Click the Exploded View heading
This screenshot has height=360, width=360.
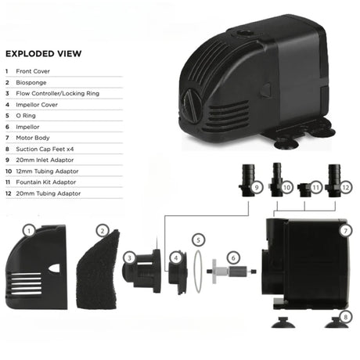tap(44, 54)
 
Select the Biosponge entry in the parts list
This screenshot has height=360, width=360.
tap(31, 83)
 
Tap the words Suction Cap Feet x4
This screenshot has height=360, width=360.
tap(45, 149)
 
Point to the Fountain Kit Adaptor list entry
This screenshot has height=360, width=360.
tap(46, 182)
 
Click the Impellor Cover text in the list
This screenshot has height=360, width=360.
tap(37, 105)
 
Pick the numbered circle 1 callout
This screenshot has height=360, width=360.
tap(29, 231)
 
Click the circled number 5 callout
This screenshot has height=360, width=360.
tap(198, 240)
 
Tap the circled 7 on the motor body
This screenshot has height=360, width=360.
tap(346, 231)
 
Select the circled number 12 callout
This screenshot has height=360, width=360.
tap(346, 187)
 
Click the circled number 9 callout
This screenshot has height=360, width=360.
tap(257, 187)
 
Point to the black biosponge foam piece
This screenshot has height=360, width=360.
tap(98, 270)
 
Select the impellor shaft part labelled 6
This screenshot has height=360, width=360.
tap(232, 272)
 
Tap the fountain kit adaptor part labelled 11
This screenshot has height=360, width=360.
tap(304, 190)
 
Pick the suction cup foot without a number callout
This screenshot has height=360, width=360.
tap(283, 322)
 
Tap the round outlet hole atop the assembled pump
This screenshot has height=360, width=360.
tap(245, 34)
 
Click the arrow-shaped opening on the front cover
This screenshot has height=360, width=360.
tap(55, 268)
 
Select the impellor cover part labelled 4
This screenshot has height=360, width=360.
tap(178, 272)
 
